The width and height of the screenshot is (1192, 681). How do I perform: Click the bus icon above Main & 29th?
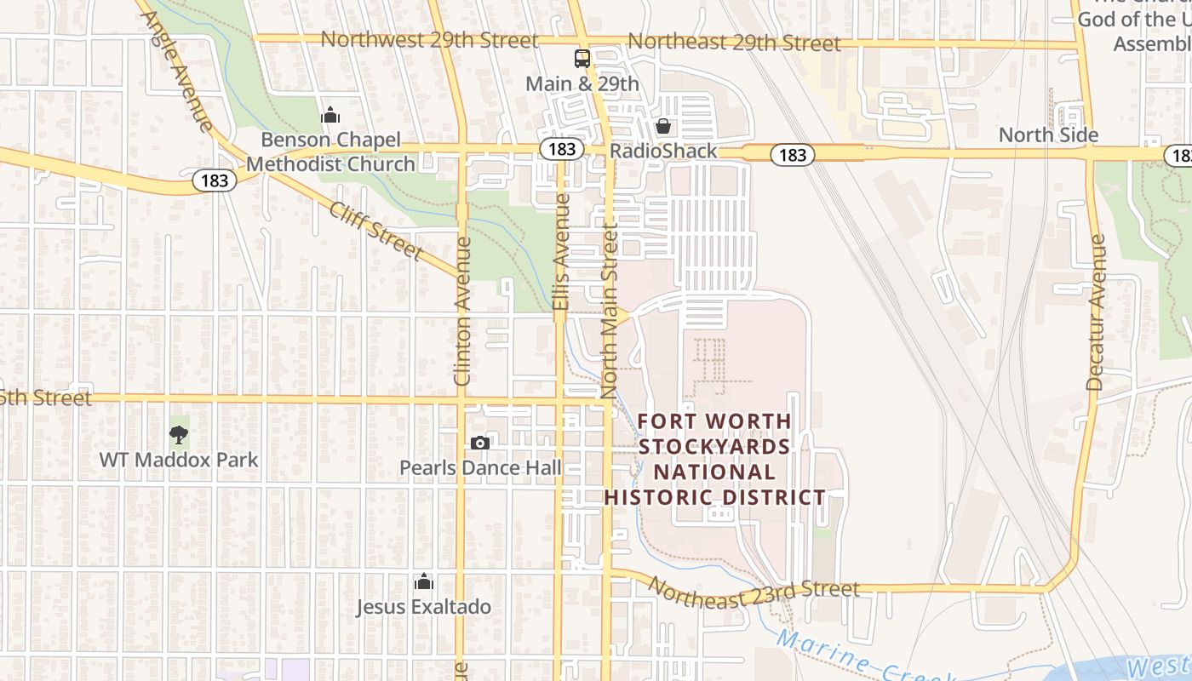582,59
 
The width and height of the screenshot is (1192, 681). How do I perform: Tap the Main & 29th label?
582,83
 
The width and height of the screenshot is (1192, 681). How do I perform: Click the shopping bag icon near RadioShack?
663,127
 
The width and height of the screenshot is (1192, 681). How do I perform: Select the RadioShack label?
663,152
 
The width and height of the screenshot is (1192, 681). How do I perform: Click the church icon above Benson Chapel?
330,115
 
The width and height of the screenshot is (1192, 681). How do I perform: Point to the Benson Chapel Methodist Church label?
330,152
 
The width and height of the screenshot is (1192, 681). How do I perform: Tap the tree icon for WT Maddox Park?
178,435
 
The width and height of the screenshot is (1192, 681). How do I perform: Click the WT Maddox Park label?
178,460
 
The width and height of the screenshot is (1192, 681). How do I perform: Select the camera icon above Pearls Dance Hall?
480,443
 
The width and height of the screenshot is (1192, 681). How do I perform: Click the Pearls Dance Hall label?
480,467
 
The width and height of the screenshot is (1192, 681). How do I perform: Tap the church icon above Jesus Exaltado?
423,582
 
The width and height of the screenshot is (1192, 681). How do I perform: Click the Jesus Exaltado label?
423,607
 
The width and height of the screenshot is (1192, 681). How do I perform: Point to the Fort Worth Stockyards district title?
714,459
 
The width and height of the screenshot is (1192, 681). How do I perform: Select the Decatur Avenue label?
1097,312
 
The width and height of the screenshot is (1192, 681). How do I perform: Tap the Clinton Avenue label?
462,311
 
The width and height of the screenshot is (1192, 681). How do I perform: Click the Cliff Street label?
375,230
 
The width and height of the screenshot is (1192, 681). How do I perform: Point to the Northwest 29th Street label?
429,40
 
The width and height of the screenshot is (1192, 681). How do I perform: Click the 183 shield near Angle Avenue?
215,180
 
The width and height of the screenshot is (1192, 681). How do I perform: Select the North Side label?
1048,134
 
